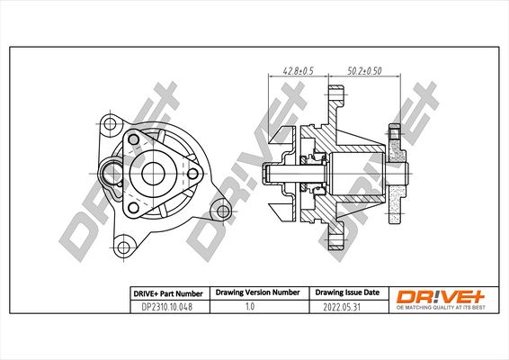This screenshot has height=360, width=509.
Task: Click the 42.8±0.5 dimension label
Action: tap(298, 70)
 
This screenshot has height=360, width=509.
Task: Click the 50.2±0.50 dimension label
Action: tap(364, 70)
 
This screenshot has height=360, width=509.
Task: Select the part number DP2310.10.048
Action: tap(167, 307)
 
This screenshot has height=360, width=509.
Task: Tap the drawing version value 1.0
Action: tap(250, 306)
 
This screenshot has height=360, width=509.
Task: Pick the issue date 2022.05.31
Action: tap(342, 307)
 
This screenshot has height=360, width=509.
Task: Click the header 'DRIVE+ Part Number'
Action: tap(168, 293)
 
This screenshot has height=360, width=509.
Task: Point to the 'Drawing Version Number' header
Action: tap(258, 292)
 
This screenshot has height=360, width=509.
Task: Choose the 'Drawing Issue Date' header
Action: tap(347, 292)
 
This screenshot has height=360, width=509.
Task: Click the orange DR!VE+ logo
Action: tap(441, 297)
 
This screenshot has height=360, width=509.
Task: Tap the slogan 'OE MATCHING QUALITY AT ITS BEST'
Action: tap(441, 308)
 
